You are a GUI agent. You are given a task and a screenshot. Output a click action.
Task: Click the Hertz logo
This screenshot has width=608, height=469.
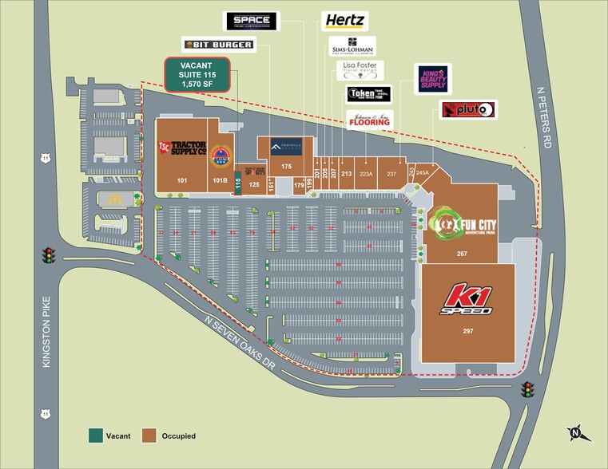(344, 21)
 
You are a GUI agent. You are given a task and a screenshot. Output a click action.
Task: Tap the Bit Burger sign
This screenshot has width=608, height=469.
(218, 45)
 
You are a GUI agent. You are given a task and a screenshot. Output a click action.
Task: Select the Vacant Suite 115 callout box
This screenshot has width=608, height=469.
(197, 74)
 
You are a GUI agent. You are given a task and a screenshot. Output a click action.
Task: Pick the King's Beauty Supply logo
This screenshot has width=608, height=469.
(432, 80)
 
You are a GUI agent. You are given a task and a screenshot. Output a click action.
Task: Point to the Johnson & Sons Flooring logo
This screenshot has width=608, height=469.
(369, 121)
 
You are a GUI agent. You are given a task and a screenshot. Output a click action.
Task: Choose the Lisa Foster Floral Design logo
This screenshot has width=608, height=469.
(360, 69)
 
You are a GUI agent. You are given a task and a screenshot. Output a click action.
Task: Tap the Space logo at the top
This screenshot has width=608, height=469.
(252, 22)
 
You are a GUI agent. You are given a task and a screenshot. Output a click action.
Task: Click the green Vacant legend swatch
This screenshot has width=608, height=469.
(95, 436)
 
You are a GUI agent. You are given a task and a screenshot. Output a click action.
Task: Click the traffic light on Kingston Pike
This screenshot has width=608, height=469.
(49, 256)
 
